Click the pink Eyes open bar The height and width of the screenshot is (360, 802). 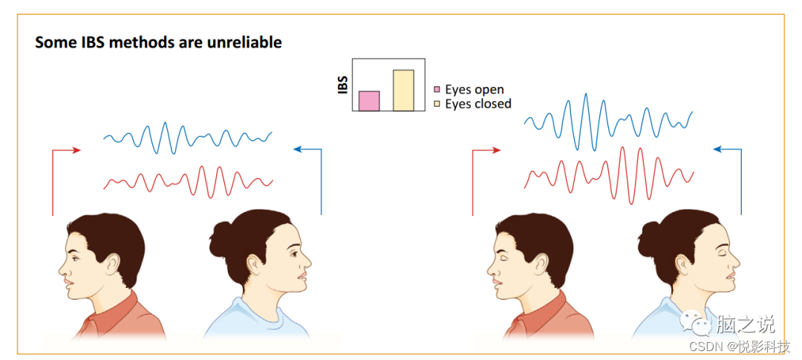click(x=369, y=101)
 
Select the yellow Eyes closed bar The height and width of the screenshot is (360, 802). click(x=403, y=91)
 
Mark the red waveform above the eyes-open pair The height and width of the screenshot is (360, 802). click(x=187, y=180)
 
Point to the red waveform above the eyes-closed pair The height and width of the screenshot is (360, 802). click(x=608, y=175)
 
